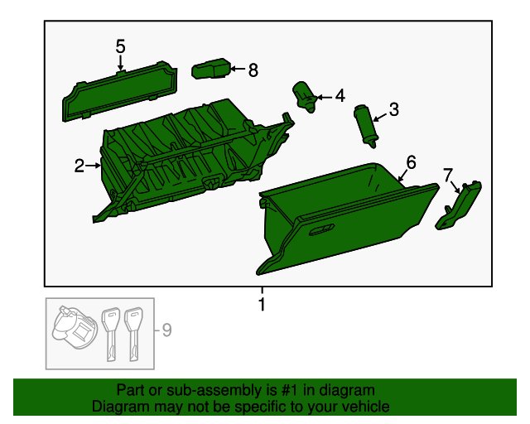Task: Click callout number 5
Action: pos(120,46)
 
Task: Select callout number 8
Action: pos(253,70)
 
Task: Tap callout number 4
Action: pos(340,97)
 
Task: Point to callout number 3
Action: pos(393,109)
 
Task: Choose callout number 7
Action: pos(448,175)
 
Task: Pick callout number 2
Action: pos(79,166)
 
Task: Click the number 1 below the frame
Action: pos(263,306)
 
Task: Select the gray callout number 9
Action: pos(166,331)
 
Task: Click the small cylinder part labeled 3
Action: pos(365,124)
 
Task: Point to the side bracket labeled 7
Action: pos(460,205)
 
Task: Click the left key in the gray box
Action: pos(109,332)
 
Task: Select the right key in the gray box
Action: pos(132,332)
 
